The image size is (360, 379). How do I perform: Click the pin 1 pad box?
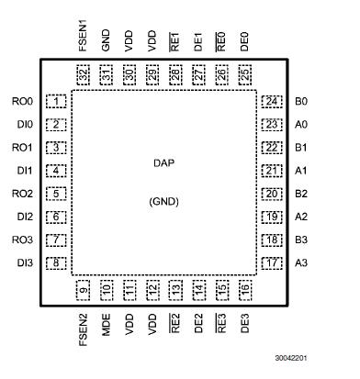(58, 101)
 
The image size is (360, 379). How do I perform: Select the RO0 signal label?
(23, 101)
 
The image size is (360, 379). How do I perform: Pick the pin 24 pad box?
(271, 101)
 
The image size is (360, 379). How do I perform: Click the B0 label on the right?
(302, 101)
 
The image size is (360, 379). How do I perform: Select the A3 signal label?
(302, 263)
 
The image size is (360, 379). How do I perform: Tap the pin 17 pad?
(271, 263)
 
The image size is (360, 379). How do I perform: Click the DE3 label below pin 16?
(244, 322)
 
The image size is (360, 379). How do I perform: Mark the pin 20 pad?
(271, 194)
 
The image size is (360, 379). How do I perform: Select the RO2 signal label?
(23, 194)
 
